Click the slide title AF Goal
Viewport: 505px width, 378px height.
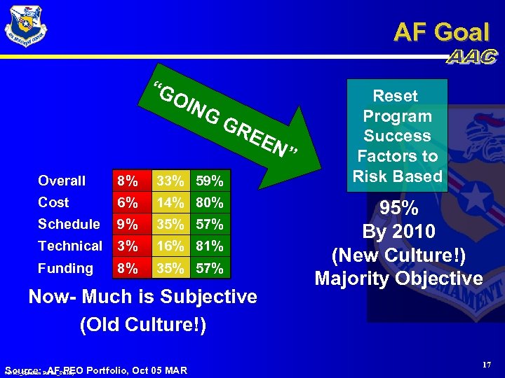coord(441,31)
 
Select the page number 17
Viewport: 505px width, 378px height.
coord(486,365)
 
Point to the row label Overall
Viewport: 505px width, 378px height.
coord(62,181)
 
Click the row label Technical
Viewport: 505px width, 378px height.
coord(69,246)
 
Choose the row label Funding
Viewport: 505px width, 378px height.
coord(65,268)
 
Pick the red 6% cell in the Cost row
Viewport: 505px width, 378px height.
coord(128,202)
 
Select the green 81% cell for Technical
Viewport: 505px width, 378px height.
coord(210,246)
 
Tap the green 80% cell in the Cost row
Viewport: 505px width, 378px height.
coord(210,202)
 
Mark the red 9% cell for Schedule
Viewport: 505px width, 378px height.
coord(128,224)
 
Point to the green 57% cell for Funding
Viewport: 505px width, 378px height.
coord(210,268)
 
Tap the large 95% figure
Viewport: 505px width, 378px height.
coord(398,209)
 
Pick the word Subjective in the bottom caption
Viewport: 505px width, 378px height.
coord(211,297)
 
